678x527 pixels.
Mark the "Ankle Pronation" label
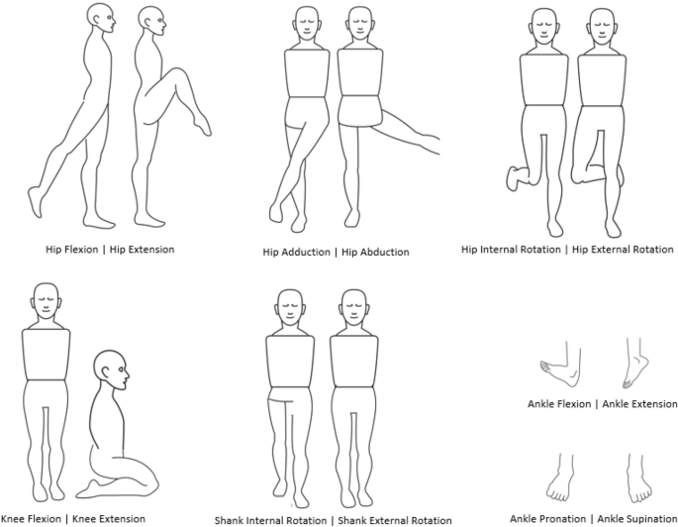click(x=547, y=517)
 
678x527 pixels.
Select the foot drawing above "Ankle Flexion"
click(x=560, y=372)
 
